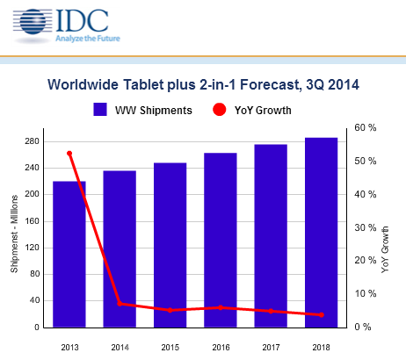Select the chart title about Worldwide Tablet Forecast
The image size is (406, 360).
tap(203, 86)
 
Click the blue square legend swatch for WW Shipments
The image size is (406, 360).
tap(100, 110)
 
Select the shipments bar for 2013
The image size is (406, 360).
tap(69, 255)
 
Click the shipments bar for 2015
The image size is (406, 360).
tap(170, 245)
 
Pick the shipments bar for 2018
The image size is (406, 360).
tap(321, 233)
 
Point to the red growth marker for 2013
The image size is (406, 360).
tap(69, 154)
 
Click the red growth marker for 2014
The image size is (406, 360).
tap(120, 304)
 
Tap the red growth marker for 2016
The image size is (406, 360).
tap(221, 307)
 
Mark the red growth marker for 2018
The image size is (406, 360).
tap(321, 314)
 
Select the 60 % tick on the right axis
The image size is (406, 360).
tap(366, 128)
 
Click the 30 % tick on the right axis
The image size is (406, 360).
tap(366, 227)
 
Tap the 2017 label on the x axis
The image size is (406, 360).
tap(271, 348)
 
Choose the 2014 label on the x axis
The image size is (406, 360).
tap(120, 348)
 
